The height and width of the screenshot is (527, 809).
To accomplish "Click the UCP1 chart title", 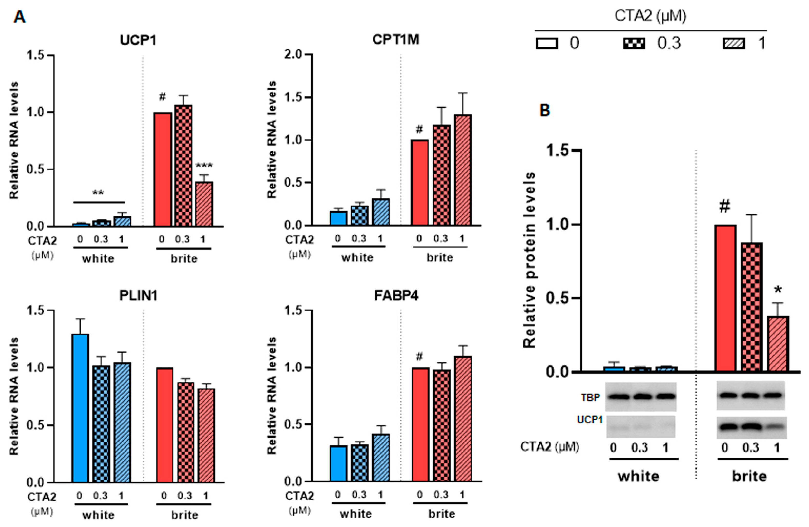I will pyautogui.click(x=138, y=40).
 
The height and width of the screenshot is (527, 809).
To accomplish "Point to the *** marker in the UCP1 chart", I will pyautogui.click(x=204, y=166).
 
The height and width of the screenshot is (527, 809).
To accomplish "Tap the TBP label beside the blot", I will pyautogui.click(x=590, y=397).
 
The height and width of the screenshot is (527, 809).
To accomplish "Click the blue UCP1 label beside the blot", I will pyautogui.click(x=589, y=420).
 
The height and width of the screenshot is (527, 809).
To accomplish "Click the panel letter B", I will pyautogui.click(x=545, y=110).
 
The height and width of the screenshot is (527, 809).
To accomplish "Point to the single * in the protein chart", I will pyautogui.click(x=778, y=291).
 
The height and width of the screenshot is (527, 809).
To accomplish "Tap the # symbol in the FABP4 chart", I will pyautogui.click(x=419, y=357).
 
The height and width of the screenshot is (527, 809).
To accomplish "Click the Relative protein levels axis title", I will pyautogui.click(x=529, y=260).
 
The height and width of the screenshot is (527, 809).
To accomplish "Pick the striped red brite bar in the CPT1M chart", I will pyautogui.click(x=462, y=170).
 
